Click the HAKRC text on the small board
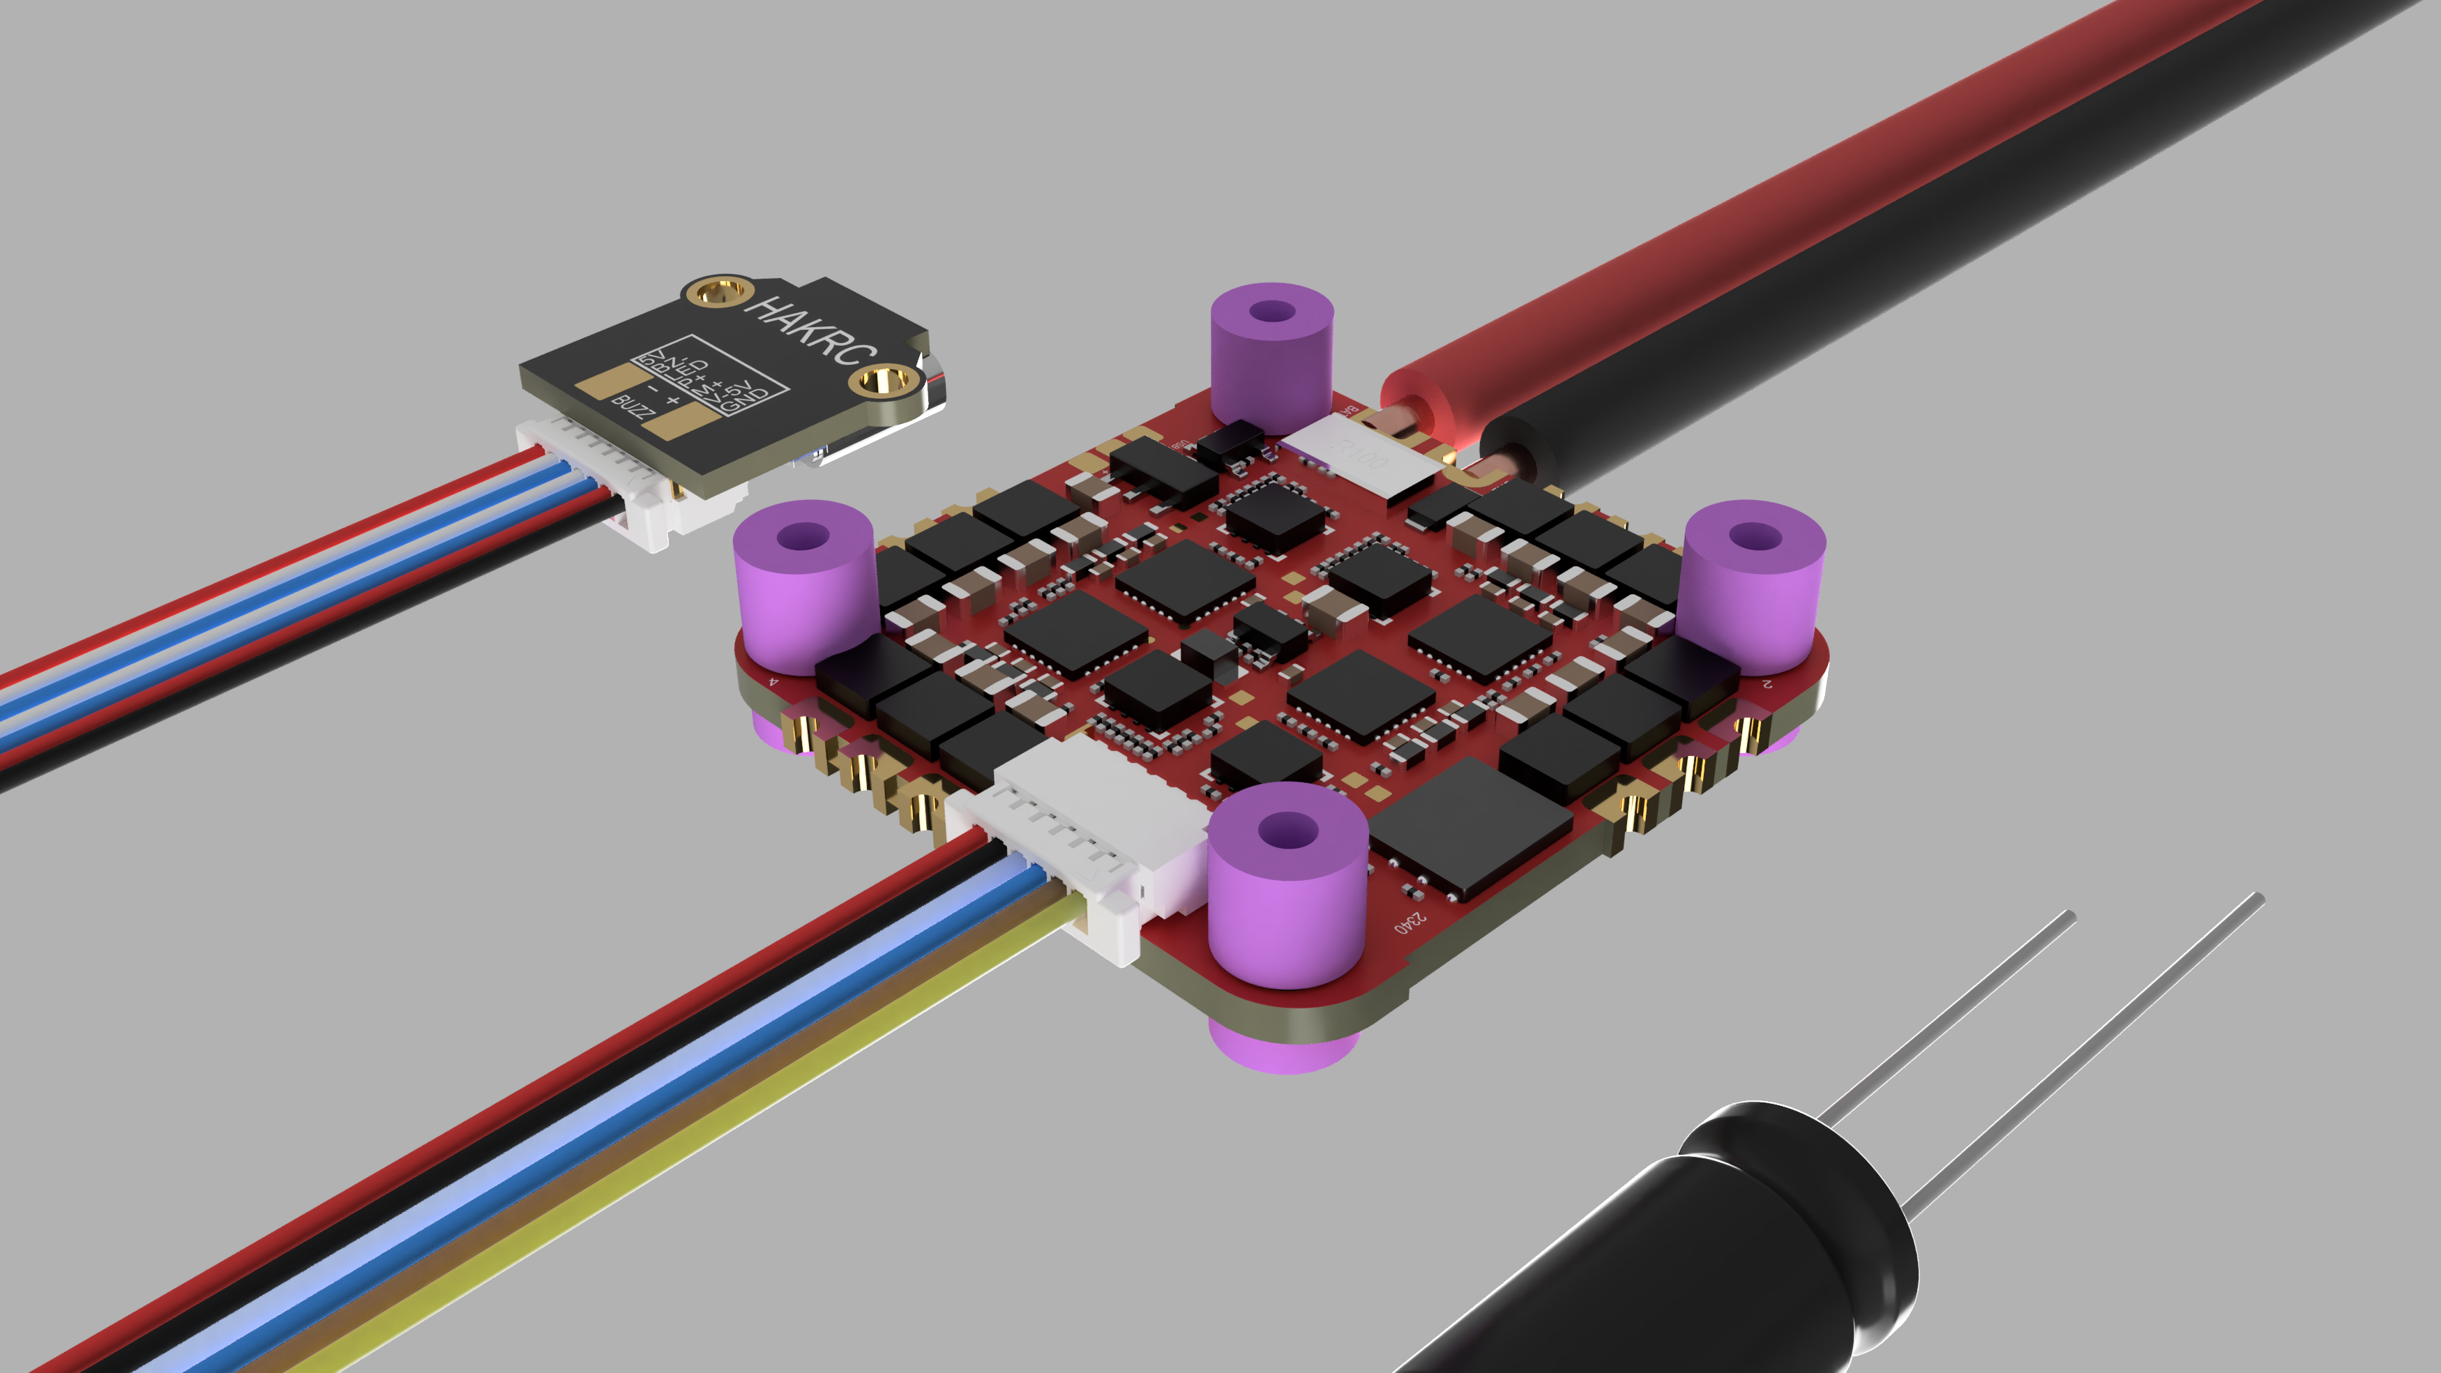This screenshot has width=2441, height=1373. click(x=810, y=331)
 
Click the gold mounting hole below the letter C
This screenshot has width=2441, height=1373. click(x=882, y=383)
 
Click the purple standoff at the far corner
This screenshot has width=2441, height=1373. click(x=1271, y=351)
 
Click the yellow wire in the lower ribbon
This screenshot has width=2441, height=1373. click(x=663, y=1137)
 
